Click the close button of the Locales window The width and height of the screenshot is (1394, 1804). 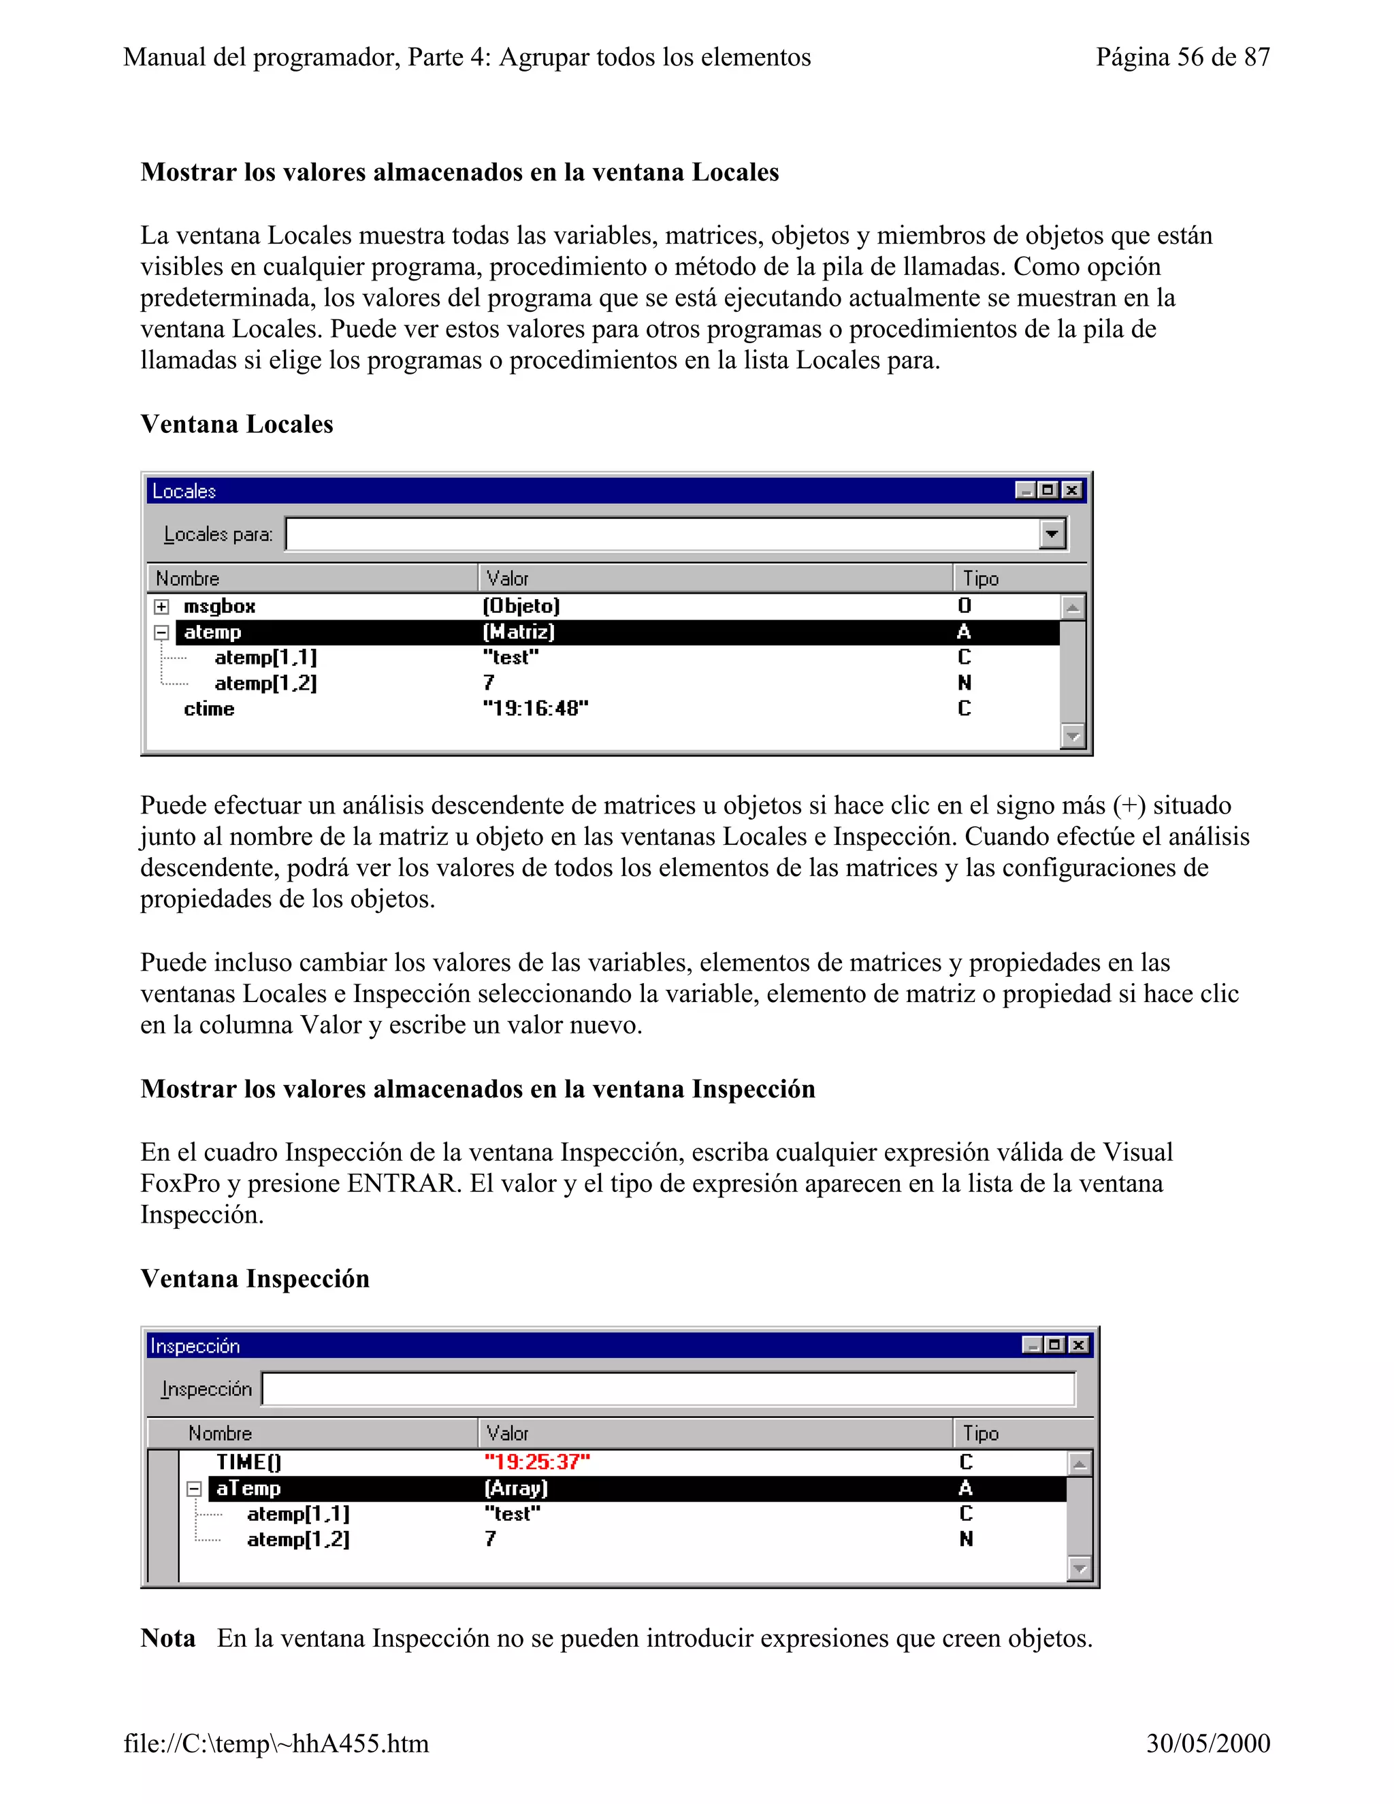point(1071,491)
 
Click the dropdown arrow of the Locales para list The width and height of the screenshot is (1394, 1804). point(1051,534)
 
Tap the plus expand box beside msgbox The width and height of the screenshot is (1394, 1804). point(162,607)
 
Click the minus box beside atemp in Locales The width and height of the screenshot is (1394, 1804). point(162,632)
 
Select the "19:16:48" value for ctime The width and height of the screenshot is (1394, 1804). point(535,709)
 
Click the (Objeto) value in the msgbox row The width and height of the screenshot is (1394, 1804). point(521,607)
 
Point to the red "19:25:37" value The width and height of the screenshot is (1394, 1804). point(537,1462)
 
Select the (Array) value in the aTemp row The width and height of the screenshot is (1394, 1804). point(516,1488)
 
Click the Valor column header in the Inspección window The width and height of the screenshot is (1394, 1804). point(507,1433)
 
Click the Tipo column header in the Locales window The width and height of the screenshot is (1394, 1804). point(980,578)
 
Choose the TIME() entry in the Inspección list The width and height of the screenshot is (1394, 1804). point(248,1462)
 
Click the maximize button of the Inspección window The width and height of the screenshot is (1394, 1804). point(1054,1346)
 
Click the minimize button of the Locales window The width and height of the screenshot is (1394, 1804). point(1025,491)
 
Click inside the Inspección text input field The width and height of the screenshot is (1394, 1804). point(667,1389)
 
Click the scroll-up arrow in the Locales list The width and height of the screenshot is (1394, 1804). point(1072,608)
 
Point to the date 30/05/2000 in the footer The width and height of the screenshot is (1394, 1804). point(1207,1743)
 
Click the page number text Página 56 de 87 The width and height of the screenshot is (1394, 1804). point(1182,57)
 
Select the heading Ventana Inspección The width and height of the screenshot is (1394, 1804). point(255,1278)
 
